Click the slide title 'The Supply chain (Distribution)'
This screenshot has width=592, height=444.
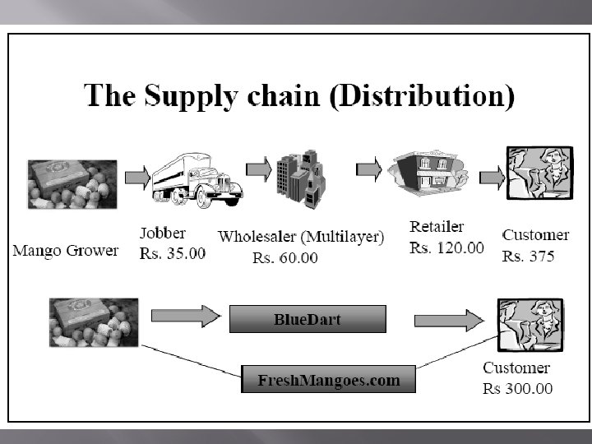pyautogui.click(x=299, y=95)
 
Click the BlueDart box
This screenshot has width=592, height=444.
pyautogui.click(x=307, y=319)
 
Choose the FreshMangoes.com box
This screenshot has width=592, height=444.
pyautogui.click(x=328, y=380)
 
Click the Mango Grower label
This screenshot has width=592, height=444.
pyautogui.click(x=65, y=250)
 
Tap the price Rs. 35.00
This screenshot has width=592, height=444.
pyautogui.click(x=173, y=254)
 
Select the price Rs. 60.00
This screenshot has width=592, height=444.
pyautogui.click(x=284, y=258)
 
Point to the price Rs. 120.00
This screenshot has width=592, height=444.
pyautogui.click(x=446, y=247)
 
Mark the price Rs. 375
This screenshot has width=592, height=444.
pyautogui.click(x=528, y=256)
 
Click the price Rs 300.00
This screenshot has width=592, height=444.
pyautogui.click(x=517, y=388)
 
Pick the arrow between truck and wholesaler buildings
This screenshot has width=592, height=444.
pyautogui.click(x=259, y=170)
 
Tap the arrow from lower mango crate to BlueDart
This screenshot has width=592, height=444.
pyautogui.click(x=186, y=315)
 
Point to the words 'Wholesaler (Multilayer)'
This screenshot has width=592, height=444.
pyautogui.click(x=300, y=237)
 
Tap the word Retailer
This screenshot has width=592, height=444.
pyautogui.click(x=436, y=227)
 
